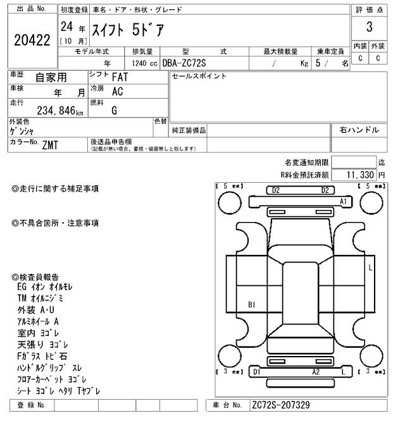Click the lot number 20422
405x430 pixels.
(x=32, y=40)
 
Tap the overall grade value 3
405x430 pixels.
(x=369, y=27)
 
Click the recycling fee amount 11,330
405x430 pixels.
(x=359, y=175)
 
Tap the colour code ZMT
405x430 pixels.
(x=50, y=145)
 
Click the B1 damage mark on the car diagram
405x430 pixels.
(x=251, y=305)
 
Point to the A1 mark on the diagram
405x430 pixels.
(x=344, y=201)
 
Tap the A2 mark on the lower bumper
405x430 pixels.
(x=315, y=372)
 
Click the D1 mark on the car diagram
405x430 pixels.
(x=257, y=372)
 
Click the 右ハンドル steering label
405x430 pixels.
(x=359, y=130)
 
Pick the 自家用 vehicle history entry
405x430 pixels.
(x=50, y=77)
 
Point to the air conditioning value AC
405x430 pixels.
(x=117, y=91)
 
